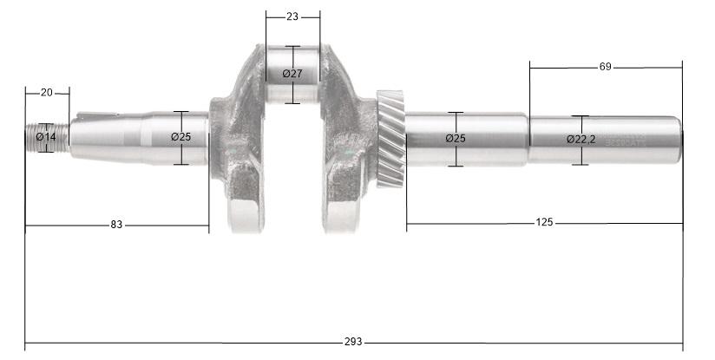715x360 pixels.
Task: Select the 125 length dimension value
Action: coord(544,223)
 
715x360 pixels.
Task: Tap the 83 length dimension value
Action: coord(116,225)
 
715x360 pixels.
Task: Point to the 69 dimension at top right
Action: coord(606,67)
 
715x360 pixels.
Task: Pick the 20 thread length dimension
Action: coord(47,92)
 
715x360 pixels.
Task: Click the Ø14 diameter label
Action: coord(47,137)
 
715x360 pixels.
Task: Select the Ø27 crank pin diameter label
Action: coord(292,74)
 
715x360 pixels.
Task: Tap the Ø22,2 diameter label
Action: coord(581,140)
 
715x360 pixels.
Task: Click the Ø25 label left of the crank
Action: coord(180,137)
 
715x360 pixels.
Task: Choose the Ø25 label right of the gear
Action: coord(455,139)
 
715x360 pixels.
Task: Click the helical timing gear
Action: coord(391,139)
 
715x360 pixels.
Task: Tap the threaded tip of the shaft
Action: coord(35,137)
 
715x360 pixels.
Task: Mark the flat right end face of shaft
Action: coord(681,139)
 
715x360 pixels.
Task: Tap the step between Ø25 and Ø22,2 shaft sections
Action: coord(528,139)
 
